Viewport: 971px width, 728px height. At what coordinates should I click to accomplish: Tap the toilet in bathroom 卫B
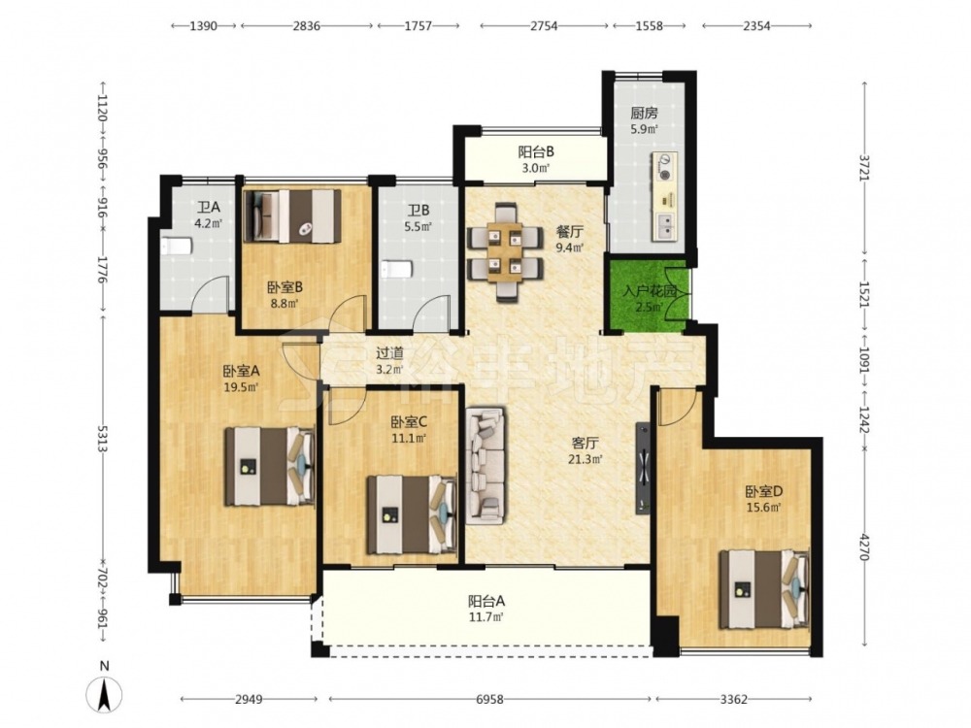pos(396,270)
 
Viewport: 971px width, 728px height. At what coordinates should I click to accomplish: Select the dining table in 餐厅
pos(505,252)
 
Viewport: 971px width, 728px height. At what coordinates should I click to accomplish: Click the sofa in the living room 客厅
pos(485,464)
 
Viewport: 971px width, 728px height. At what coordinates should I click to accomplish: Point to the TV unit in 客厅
pos(643,468)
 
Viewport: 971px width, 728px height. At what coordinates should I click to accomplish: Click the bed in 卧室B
pos(293,215)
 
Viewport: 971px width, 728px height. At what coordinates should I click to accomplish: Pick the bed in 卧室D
pos(764,589)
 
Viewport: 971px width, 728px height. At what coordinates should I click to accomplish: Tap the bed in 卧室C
pos(412,514)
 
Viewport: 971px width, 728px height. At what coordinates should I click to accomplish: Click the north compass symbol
pos(105,693)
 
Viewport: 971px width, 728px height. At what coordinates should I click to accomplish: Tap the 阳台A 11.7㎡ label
pos(486,608)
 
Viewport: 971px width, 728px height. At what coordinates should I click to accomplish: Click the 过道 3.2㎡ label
pos(390,361)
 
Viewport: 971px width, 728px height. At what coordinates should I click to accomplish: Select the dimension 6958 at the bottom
pos(489,699)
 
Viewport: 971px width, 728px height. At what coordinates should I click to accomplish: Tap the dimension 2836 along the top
pos(307,26)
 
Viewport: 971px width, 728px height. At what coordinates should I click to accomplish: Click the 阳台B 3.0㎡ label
pos(536,158)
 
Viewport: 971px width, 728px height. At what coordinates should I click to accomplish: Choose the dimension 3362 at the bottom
pos(734,699)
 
